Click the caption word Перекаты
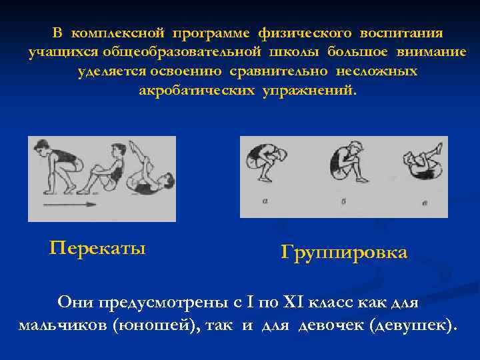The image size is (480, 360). point(97,249)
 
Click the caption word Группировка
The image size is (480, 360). point(344,253)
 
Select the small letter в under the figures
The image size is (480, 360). point(425,201)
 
